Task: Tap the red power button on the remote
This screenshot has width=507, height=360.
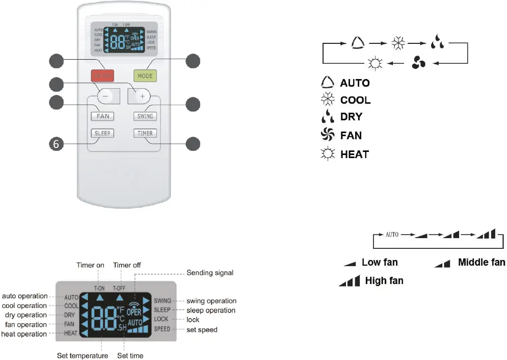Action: [102, 76]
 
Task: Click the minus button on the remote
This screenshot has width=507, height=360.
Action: [104, 95]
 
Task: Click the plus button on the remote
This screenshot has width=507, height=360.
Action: [142, 95]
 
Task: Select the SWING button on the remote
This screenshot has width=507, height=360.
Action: [145, 116]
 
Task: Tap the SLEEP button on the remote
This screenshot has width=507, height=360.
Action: [102, 133]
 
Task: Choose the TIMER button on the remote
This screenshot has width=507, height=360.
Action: [145, 133]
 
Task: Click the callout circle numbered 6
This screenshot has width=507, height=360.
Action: [57, 144]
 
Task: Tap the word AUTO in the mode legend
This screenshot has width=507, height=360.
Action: [355, 83]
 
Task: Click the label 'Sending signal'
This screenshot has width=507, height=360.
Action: [210, 273]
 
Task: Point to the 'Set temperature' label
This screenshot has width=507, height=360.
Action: [82, 355]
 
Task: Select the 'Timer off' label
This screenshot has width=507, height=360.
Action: [127, 265]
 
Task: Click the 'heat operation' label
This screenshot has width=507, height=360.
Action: [24, 334]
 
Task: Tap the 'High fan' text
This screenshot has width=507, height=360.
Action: [384, 280]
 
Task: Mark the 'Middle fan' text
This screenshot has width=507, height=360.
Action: [482, 262]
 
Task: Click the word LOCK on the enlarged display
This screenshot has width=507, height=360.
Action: [161, 319]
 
